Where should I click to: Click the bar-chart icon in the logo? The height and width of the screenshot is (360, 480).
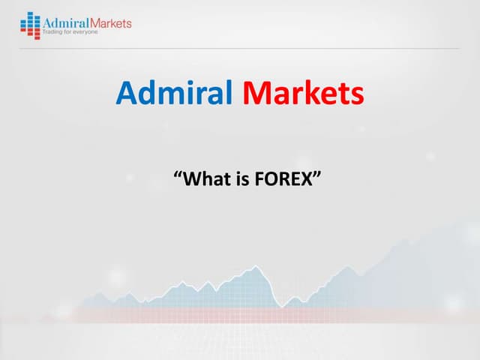pos(30,25)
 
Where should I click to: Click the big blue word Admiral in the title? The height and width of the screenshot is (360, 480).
pos(175,94)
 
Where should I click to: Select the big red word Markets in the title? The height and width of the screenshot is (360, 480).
pos(303,94)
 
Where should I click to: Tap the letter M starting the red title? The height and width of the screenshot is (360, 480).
pos(256,94)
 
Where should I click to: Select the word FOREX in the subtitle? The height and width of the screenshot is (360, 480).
pos(282,179)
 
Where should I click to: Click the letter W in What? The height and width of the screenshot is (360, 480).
pos(191,179)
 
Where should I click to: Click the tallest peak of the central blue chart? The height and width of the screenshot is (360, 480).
pos(256,266)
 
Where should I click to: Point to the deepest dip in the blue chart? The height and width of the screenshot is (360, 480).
pos(280,307)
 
